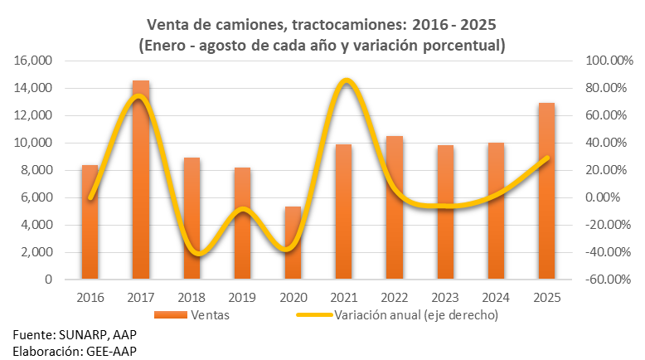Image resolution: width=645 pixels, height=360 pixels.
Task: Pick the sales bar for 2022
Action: pyautogui.click(x=395, y=208)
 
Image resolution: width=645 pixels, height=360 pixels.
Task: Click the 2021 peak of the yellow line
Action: pyautogui.click(x=345, y=80)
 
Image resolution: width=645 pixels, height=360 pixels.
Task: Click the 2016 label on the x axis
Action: pyautogui.click(x=90, y=297)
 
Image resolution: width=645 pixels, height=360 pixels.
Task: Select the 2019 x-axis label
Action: pyautogui.click(x=242, y=297)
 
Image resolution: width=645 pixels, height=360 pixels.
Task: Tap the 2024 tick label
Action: pyautogui.click(x=496, y=297)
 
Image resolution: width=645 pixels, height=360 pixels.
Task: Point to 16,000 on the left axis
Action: pyautogui.click(x=32, y=61)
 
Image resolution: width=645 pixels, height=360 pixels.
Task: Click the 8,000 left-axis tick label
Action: pyautogui.click(x=36, y=170)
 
